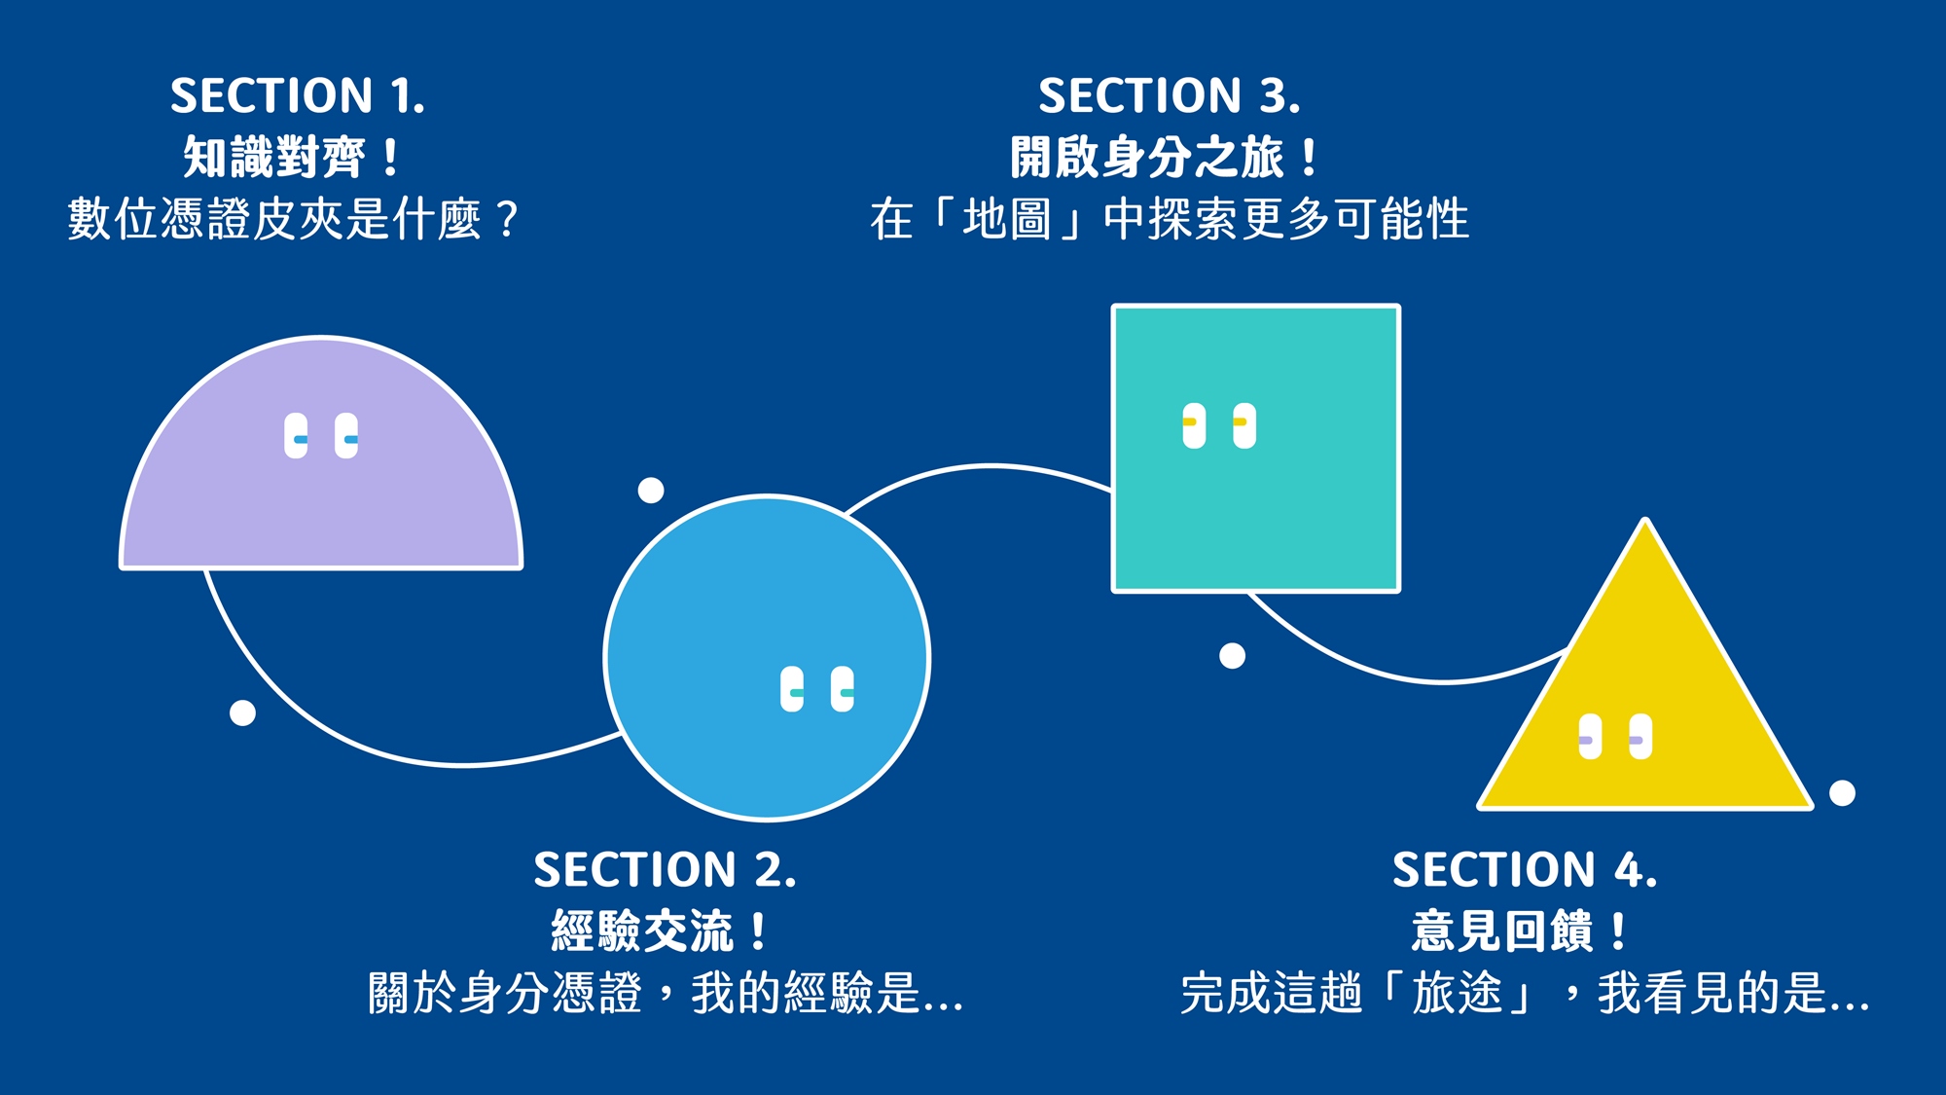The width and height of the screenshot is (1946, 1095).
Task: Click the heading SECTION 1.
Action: tap(298, 96)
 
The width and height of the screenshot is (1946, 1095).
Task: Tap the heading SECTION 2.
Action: tap(665, 870)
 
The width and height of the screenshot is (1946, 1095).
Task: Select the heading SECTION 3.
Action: tap(1169, 96)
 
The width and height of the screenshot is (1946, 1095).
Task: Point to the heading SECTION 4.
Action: tap(1524, 870)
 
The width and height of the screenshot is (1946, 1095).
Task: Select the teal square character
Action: tap(1256, 506)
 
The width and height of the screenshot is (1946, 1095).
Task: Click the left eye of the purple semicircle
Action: tap(296, 436)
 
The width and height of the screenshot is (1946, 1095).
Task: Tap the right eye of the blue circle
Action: tap(843, 689)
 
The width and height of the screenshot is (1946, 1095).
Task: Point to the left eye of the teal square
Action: tap(1194, 425)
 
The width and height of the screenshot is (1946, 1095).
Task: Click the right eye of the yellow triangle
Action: tap(1640, 737)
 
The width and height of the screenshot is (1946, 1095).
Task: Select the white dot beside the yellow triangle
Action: tap(1842, 793)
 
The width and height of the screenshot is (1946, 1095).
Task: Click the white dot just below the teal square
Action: tap(1232, 656)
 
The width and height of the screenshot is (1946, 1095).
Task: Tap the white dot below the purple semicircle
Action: tap(242, 713)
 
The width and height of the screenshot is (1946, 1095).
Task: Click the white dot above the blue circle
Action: tap(651, 491)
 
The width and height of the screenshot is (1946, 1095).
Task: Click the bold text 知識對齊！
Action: tap(291, 157)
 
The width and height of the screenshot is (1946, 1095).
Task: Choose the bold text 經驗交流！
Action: tap(659, 931)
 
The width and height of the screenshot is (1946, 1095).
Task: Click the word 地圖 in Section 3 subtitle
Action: tap(1007, 219)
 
